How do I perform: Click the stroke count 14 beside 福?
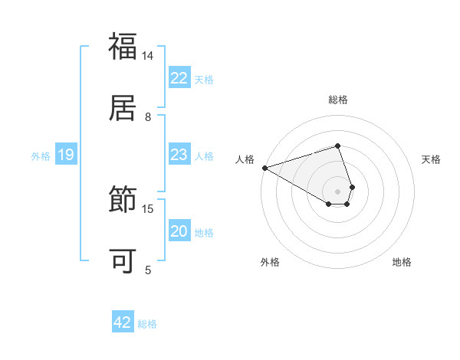point(148,56)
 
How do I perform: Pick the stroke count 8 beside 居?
point(148,116)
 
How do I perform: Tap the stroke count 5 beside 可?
point(148,270)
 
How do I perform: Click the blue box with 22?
point(179,78)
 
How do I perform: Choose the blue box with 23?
point(179,155)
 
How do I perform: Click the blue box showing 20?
point(179,231)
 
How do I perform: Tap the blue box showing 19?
point(66,155)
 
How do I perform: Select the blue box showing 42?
point(123,322)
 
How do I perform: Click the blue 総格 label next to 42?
point(147,324)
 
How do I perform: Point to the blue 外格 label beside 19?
point(41,156)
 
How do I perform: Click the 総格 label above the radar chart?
point(337,100)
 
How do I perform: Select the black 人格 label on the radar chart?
point(245,159)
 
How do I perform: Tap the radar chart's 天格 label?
point(431,159)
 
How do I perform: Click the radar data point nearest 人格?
point(264,167)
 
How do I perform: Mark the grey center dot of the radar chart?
point(337,190)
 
